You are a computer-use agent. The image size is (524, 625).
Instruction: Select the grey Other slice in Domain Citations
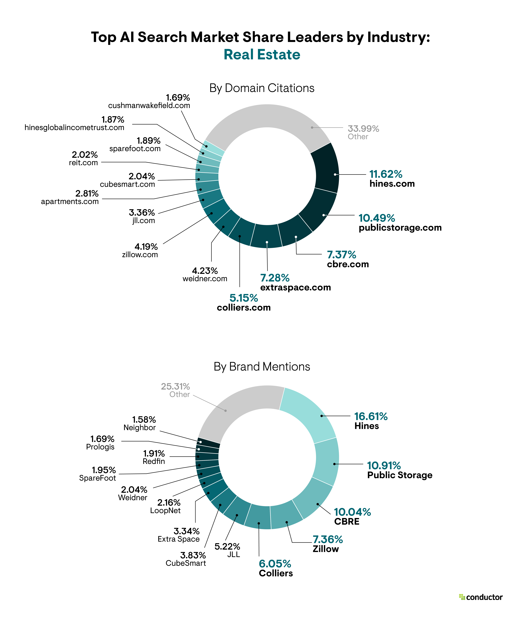pos(268,116)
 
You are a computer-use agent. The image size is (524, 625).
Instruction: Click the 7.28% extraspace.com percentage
pos(275,278)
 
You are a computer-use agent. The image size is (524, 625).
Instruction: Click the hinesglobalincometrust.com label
pos(74,128)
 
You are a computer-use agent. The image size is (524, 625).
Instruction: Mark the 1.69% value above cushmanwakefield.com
pos(178,98)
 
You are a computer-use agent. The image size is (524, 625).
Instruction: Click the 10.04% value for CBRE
pos(352,512)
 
